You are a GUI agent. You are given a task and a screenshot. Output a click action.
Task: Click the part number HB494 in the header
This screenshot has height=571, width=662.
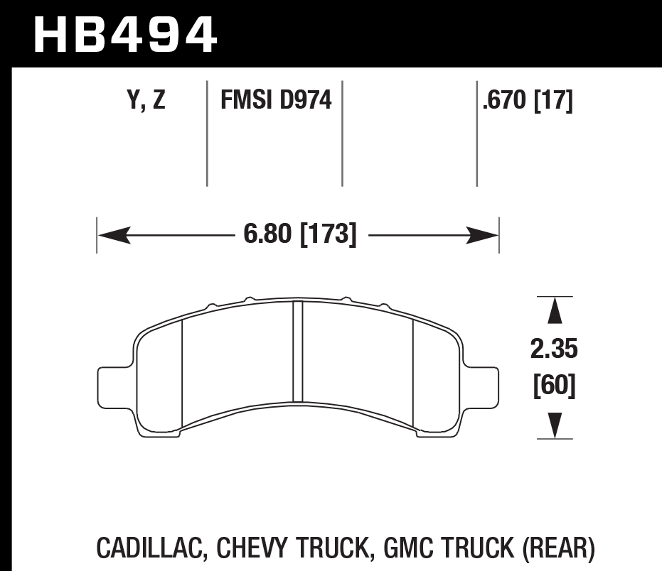pyautogui.click(x=125, y=33)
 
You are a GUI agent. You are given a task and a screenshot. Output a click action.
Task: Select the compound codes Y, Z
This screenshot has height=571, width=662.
pyautogui.click(x=146, y=101)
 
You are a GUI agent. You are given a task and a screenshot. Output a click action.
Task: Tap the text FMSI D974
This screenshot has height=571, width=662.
pyautogui.click(x=276, y=101)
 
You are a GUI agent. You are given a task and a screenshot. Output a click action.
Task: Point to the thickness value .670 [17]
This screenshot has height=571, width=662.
pyautogui.click(x=527, y=101)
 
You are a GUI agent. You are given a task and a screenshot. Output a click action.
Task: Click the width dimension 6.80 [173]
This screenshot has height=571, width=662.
pyautogui.click(x=299, y=234)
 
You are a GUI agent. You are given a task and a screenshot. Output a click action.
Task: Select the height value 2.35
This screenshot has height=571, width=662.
pyautogui.click(x=554, y=349)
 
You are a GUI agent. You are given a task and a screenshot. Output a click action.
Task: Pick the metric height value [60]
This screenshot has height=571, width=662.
pyautogui.click(x=554, y=387)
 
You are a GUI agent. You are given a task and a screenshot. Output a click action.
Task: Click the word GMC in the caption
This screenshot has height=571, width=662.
pyautogui.click(x=405, y=548)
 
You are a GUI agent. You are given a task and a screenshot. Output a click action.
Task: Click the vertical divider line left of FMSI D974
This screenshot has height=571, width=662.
pyautogui.click(x=207, y=134)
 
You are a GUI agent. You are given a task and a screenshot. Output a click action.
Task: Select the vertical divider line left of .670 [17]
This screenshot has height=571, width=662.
pyautogui.click(x=476, y=134)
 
